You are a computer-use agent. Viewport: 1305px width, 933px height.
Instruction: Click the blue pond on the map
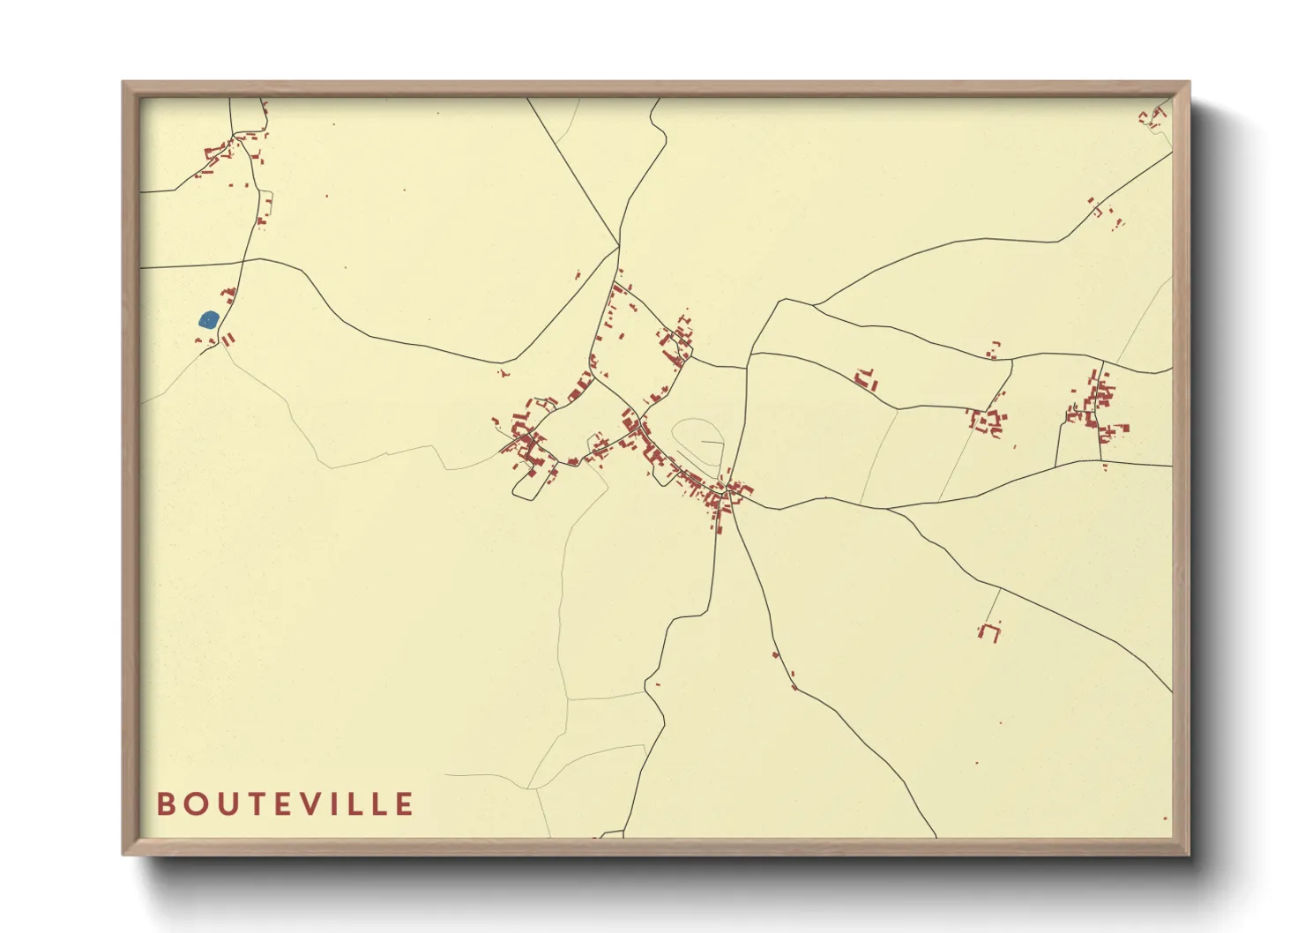[x=209, y=319]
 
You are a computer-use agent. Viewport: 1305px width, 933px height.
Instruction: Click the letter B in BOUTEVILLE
[x=165, y=804]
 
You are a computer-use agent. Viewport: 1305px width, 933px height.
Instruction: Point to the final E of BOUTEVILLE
[x=405, y=804]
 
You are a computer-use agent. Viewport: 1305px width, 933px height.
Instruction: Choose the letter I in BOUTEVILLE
[x=334, y=804]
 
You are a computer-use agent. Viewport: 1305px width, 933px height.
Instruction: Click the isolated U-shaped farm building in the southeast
[x=990, y=631]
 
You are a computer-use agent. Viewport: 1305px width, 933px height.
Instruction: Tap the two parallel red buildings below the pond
[x=229, y=339]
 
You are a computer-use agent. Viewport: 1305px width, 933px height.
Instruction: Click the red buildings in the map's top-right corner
[x=1153, y=116]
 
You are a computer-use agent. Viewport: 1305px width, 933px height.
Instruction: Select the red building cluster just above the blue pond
[x=227, y=295]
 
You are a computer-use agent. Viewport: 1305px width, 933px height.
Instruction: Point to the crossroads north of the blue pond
[x=243, y=261]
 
